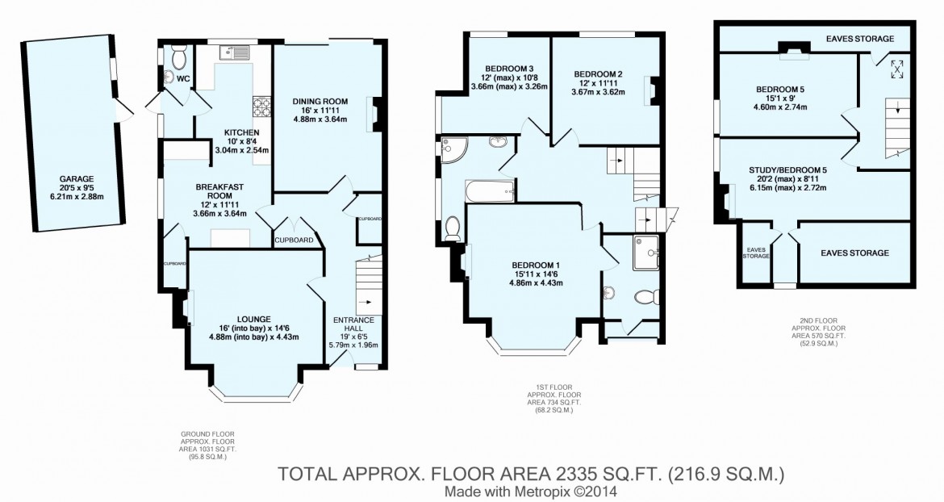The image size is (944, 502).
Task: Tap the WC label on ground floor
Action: [x=183, y=79]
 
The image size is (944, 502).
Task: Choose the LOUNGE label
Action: [x=243, y=318]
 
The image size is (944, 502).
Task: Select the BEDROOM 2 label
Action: [x=598, y=68]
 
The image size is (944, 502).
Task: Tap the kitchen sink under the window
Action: [x=236, y=53]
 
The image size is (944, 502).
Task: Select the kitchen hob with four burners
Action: [x=261, y=103]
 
